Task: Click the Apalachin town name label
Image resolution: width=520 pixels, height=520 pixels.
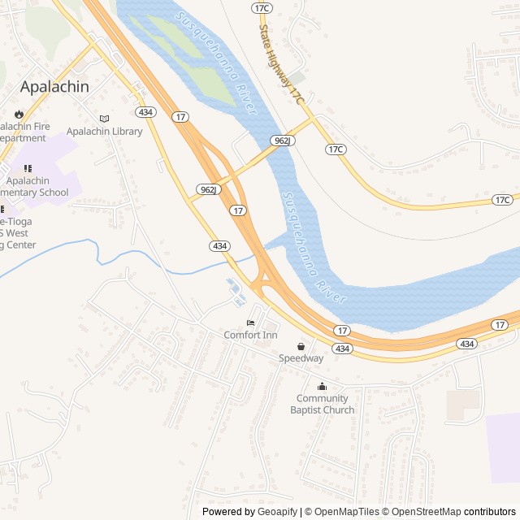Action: click(54, 85)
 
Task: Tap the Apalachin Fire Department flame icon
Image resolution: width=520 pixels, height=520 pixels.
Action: click(18, 115)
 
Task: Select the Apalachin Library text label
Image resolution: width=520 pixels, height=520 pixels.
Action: click(104, 132)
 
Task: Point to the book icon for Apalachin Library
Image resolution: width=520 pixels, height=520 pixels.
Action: click(104, 119)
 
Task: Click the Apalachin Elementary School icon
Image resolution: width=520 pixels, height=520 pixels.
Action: click(28, 168)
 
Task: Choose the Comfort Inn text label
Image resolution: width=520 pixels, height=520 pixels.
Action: click(250, 335)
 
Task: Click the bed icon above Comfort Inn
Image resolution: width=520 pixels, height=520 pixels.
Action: click(250, 323)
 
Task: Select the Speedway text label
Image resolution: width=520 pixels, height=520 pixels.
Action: click(301, 358)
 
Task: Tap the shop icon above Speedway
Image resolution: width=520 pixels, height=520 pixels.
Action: click(301, 346)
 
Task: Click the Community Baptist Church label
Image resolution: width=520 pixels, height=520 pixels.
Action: click(322, 404)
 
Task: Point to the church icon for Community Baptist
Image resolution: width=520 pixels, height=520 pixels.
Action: click(322, 386)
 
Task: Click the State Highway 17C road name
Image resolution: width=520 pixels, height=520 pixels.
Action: click(279, 62)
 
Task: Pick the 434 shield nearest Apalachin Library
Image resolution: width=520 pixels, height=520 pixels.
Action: click(145, 111)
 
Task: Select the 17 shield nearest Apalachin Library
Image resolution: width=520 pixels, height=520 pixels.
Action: click(180, 117)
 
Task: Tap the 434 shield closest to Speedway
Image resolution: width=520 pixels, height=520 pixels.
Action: click(343, 349)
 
